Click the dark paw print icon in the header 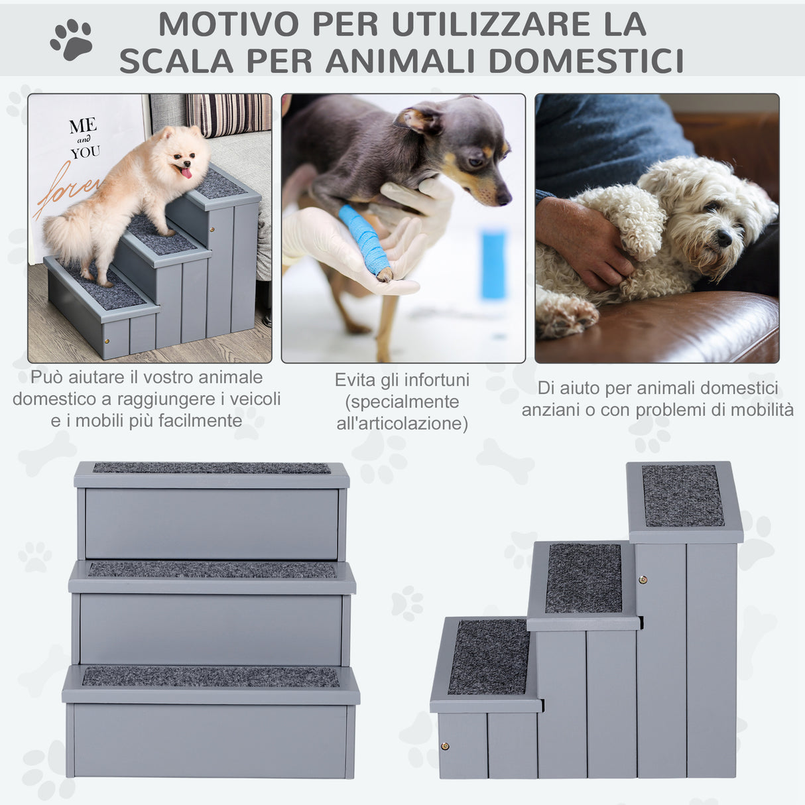tap(72, 39)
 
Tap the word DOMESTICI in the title tap(586, 61)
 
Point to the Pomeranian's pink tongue tap(186, 173)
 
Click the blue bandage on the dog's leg tap(365, 241)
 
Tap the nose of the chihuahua tap(504, 197)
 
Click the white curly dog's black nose tap(724, 238)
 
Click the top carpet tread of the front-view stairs tap(212, 468)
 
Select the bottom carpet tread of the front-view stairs tap(210, 677)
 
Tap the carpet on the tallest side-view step tap(682, 495)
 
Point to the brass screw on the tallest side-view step tap(642, 580)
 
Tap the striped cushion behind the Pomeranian tap(229, 113)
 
